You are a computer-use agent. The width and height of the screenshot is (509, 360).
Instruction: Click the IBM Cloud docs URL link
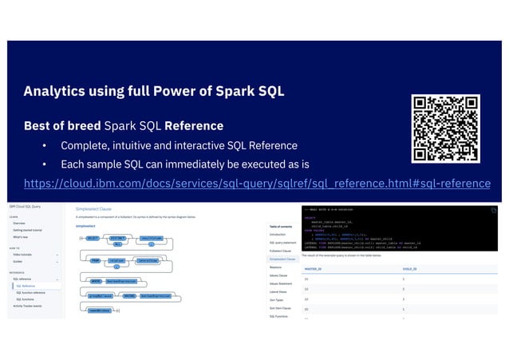(x=257, y=184)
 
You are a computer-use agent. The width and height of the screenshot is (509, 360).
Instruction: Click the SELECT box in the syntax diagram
(x=93, y=238)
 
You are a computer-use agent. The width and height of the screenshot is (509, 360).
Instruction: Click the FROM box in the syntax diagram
(x=94, y=259)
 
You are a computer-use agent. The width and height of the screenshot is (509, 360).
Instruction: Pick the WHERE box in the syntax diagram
(x=95, y=281)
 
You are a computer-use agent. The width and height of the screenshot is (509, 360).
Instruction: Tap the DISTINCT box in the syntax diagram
(x=118, y=238)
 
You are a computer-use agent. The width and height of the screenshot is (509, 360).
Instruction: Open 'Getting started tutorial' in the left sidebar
(x=31, y=230)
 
